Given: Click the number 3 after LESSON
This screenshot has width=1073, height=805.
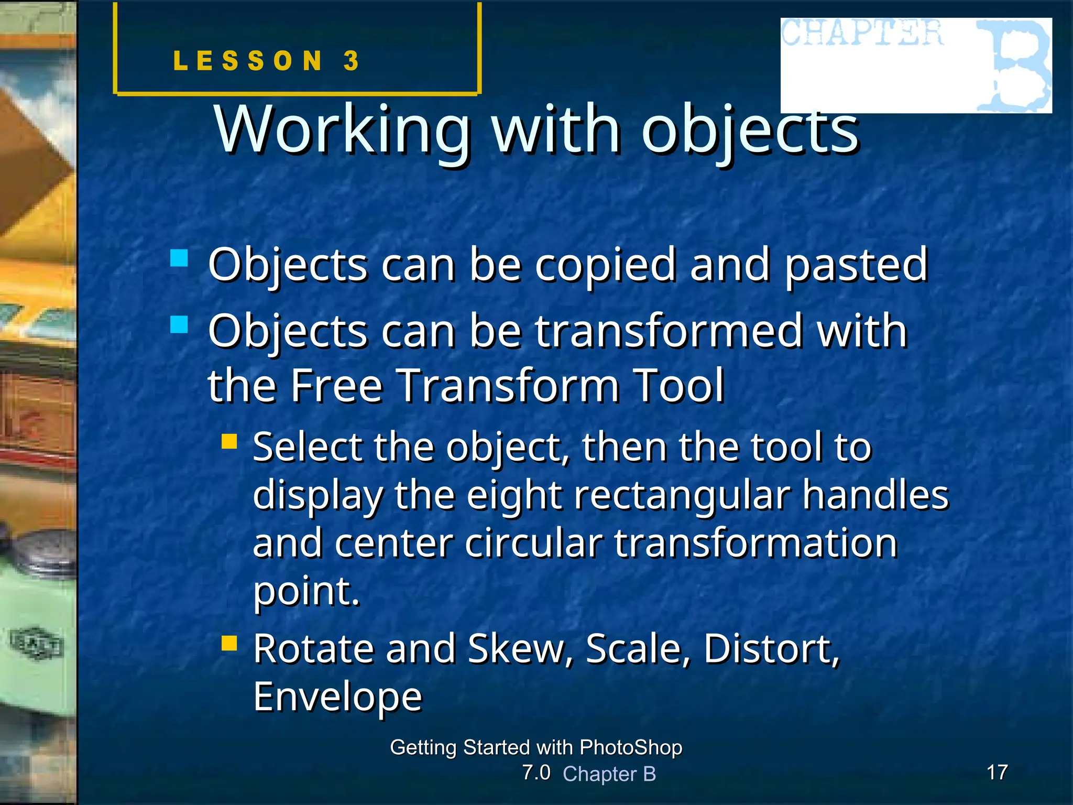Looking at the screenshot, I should click(352, 61).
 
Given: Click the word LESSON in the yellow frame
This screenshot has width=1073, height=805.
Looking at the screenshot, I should click(248, 61).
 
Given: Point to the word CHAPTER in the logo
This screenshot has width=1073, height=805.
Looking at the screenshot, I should click(862, 33).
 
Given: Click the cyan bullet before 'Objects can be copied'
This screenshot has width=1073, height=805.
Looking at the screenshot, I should click(179, 258).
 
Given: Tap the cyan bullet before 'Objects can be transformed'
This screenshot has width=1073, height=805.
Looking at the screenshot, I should click(179, 324).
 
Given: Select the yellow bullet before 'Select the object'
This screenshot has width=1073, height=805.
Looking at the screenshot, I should click(229, 441).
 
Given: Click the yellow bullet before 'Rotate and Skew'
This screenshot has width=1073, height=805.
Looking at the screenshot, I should click(229, 643).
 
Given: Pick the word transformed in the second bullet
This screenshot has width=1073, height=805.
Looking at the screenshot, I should click(669, 332).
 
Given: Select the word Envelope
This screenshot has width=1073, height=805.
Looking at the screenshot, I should click(338, 698).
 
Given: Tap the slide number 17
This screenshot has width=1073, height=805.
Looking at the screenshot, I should click(997, 772).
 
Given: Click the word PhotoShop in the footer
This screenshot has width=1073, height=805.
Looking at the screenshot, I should click(631, 747).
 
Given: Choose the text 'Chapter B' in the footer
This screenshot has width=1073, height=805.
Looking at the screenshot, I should click(609, 774).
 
